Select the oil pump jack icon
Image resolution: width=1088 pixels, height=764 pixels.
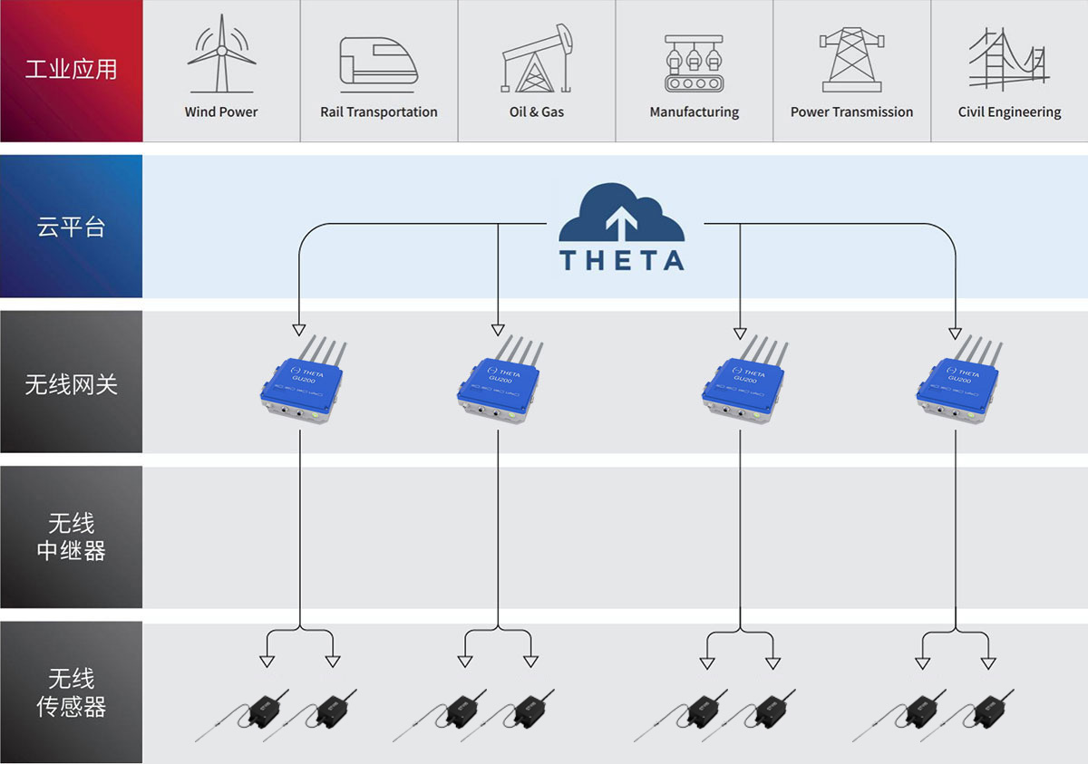pyautogui.click(x=538, y=60)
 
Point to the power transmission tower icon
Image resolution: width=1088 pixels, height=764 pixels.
pyautogui.click(x=850, y=60)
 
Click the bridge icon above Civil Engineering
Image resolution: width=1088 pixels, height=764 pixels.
pyautogui.click(x=1008, y=60)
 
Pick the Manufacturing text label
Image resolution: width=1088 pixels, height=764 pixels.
pyautogui.click(x=694, y=112)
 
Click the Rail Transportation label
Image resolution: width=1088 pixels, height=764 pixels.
pyautogui.click(x=378, y=112)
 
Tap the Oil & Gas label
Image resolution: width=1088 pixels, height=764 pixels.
pyautogui.click(x=537, y=112)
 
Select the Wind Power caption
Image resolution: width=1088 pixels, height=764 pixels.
pyautogui.click(x=221, y=112)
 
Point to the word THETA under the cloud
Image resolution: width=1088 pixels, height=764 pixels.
pyautogui.click(x=621, y=261)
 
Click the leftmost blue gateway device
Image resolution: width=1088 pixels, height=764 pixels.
pyautogui.click(x=302, y=381)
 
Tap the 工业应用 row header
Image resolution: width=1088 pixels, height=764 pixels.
pyautogui.click(x=71, y=70)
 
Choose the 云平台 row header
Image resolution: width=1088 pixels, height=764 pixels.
pyautogui.click(x=71, y=227)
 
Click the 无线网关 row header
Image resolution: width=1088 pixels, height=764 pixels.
pyautogui.click(x=71, y=383)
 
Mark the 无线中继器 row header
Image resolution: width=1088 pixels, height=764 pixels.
pyautogui.click(x=71, y=537)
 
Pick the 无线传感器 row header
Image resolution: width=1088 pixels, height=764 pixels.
pyautogui.click(x=71, y=692)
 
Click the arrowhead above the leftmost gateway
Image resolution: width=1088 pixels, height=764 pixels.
pyautogui.click(x=298, y=329)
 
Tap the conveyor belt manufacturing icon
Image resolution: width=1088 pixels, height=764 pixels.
pyautogui.click(x=694, y=63)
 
